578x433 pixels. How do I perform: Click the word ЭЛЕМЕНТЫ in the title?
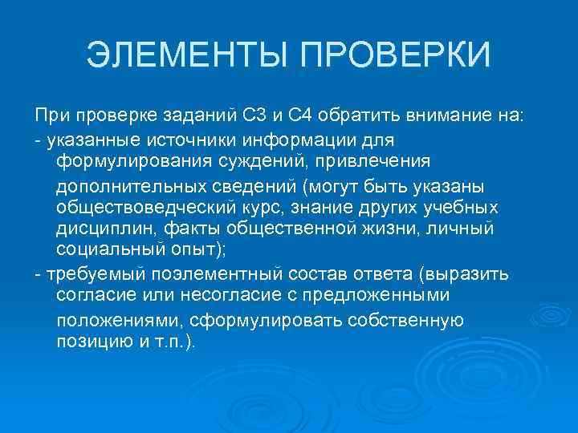[189, 56]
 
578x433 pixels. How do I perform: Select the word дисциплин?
[96, 229]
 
